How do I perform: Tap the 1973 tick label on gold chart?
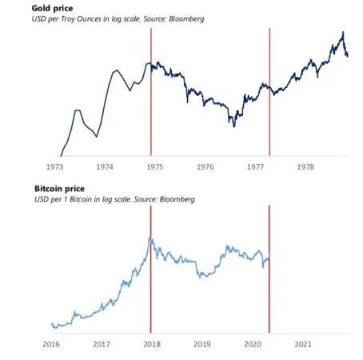click(x=56, y=168)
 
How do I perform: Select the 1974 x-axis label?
click(x=106, y=168)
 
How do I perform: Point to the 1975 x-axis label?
click(x=155, y=168)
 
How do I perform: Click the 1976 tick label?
click(x=205, y=168)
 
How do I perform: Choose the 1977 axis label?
click(x=254, y=168)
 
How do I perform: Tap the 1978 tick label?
click(x=304, y=168)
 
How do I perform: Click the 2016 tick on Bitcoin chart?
click(x=50, y=345)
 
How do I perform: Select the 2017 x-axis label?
click(x=102, y=345)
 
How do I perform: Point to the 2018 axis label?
click(x=152, y=345)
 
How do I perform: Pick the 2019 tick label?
click(x=202, y=345)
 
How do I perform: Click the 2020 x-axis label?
click(x=253, y=345)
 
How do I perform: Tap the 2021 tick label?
click(x=303, y=345)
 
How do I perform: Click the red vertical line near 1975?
click(x=151, y=96)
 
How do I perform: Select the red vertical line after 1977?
click(x=269, y=96)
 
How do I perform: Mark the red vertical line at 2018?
click(x=150, y=280)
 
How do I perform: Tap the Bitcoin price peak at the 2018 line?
click(x=150, y=238)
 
